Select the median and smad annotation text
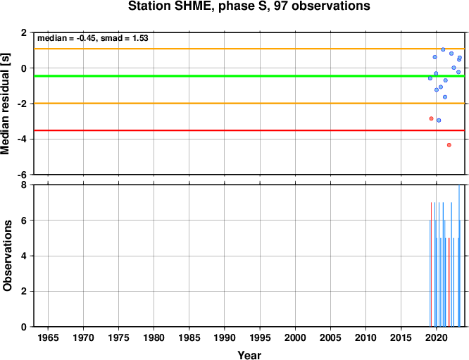[x=93, y=38]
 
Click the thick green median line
[x=249, y=76]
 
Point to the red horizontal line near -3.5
[x=249, y=130]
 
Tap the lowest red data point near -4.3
[x=449, y=145]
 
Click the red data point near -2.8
[x=431, y=118]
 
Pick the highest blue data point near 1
[x=443, y=50]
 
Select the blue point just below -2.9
[x=439, y=120]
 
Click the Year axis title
[x=249, y=355]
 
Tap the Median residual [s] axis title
[x=6, y=104]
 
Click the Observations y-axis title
[x=7, y=256]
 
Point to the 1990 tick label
[x=225, y=338]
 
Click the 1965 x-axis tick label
[x=48, y=338]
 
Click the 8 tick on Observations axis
[x=24, y=185]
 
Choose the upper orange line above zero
[x=249, y=49]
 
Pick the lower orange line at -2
[x=249, y=104]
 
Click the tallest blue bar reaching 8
[x=459, y=256]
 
